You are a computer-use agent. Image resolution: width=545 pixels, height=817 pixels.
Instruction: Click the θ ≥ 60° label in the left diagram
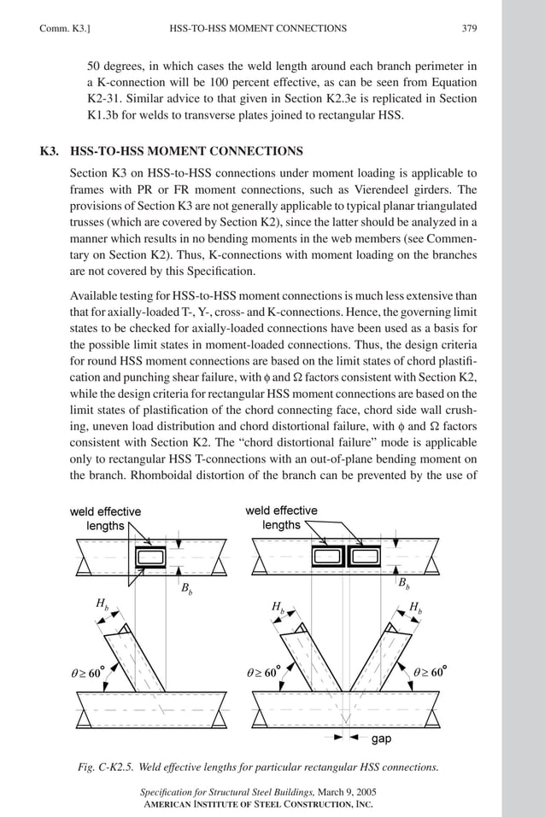click(87, 672)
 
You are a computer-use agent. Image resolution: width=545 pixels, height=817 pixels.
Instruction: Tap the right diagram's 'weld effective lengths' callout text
click(281, 517)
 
